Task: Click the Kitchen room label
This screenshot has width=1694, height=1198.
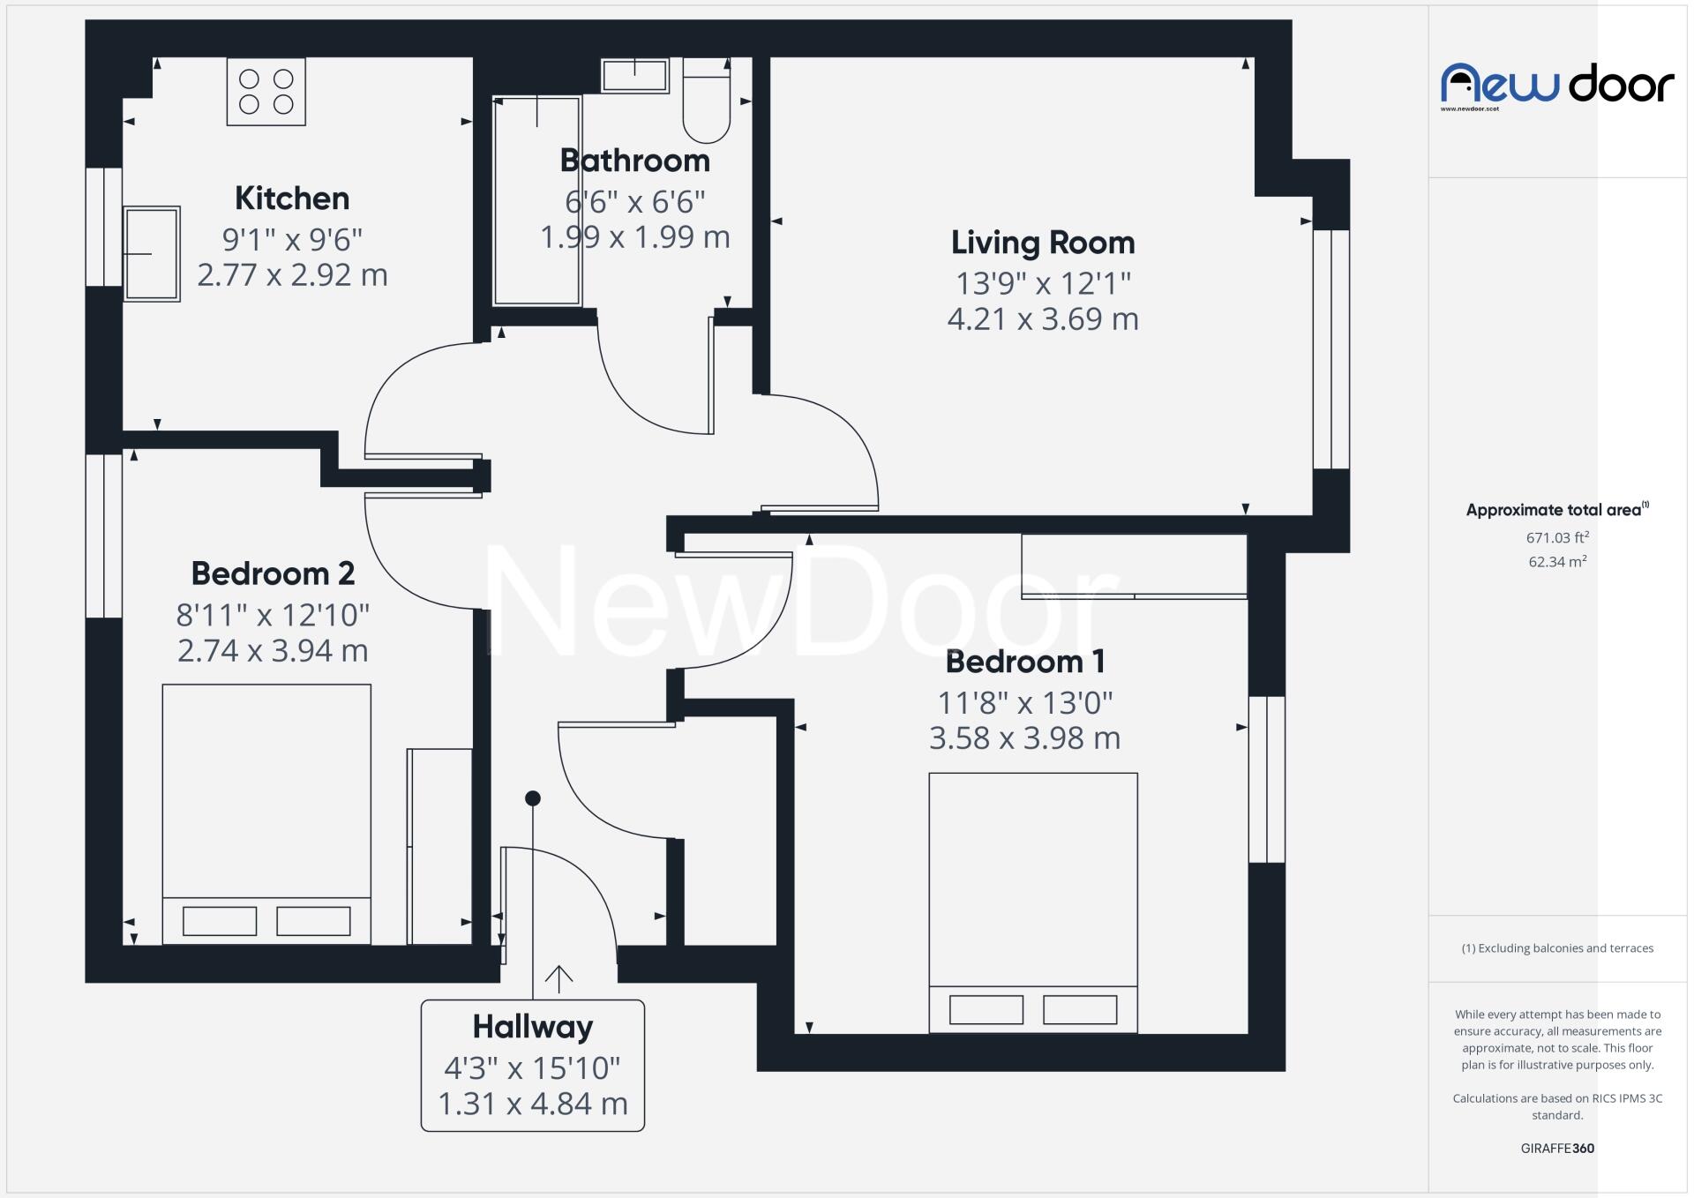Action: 292,198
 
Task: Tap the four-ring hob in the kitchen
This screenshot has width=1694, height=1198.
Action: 266,92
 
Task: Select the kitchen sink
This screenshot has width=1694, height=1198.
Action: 152,254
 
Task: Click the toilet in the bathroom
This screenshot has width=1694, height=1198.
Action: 707,101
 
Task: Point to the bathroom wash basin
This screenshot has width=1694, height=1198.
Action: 634,76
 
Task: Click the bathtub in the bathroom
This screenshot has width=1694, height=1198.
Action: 536,201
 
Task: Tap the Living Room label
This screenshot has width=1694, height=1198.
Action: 1043,243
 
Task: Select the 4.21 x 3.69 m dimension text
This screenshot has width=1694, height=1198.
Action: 1043,318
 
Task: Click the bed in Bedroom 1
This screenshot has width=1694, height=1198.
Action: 1033,902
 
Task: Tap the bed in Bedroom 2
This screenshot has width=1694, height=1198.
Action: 266,814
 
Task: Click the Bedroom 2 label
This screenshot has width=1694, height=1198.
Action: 273,573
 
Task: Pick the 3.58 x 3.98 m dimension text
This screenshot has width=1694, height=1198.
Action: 1024,738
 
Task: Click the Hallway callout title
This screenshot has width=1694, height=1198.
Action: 533,1027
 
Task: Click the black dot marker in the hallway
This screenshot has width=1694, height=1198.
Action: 533,798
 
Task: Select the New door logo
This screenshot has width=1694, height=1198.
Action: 1557,86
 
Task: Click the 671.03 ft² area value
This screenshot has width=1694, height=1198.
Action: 1557,536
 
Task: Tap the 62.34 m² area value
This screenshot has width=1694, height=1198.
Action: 1557,561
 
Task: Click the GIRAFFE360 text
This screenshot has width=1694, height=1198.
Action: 1557,1149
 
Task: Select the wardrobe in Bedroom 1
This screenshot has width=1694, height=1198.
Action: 1134,566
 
